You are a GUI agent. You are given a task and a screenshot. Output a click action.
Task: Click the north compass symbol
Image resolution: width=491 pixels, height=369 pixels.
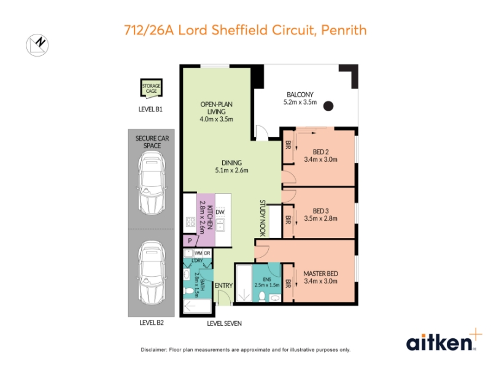(x=37, y=45)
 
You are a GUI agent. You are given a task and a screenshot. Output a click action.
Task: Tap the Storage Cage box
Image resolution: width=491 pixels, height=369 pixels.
(x=151, y=87)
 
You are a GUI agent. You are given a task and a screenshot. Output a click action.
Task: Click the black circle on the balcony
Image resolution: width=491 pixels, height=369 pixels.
(x=328, y=106)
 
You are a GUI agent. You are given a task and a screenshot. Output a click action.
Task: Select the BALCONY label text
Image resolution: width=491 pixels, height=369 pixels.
(x=300, y=95)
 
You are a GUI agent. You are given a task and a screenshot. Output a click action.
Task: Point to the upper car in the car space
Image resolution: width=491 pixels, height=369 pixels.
(x=152, y=183)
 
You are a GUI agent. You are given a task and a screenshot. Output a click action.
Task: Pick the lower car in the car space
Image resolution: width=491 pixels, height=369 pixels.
(x=152, y=273)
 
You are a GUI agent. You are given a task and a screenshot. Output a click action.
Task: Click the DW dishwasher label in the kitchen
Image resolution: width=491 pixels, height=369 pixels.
(x=220, y=212)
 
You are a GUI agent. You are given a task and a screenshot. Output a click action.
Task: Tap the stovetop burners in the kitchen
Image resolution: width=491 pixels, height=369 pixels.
(x=191, y=222)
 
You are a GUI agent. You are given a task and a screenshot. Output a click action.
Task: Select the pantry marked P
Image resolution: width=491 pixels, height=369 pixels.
(x=190, y=240)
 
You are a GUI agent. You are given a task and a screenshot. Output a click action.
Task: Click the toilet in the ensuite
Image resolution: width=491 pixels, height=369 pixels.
(x=262, y=296)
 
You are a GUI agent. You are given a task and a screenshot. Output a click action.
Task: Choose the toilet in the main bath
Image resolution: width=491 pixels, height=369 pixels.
(x=189, y=291)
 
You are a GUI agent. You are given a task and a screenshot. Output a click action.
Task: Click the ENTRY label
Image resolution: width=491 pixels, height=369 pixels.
(x=223, y=285)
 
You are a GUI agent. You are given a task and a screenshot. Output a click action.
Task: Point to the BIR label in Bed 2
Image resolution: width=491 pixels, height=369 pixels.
(x=288, y=145)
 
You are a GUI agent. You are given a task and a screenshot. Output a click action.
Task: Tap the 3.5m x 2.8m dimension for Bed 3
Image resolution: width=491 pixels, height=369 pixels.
(x=320, y=218)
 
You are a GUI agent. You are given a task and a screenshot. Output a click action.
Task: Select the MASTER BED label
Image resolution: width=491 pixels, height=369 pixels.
(x=320, y=274)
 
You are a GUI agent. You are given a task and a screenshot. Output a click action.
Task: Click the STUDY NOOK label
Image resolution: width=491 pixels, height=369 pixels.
(x=263, y=218)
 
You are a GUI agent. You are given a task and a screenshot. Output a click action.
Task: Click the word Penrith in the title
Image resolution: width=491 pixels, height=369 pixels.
(x=344, y=30)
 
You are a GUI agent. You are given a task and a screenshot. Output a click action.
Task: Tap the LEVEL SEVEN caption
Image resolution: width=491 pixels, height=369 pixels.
(x=224, y=323)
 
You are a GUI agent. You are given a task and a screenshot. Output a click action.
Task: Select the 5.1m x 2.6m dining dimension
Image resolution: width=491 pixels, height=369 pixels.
(x=232, y=170)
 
